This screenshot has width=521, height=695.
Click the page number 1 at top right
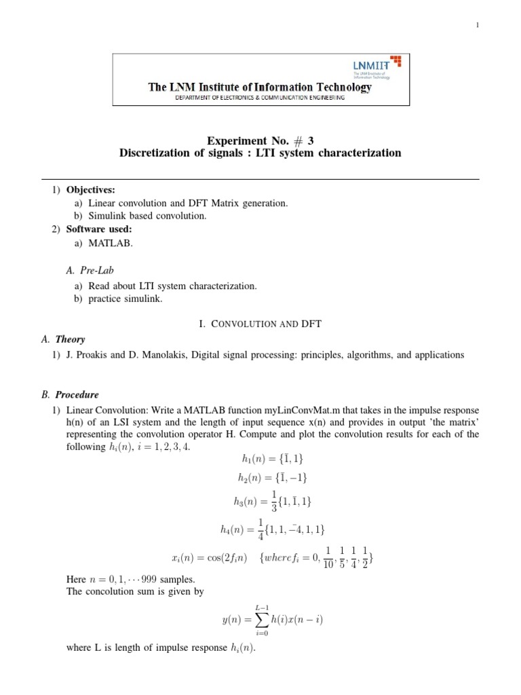coord(478,25)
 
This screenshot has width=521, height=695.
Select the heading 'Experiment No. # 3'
coord(260,140)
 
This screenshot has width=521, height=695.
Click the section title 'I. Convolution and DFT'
coord(260,324)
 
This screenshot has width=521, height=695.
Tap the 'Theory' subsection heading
coord(70,339)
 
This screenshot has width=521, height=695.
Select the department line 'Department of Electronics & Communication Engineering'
coord(260,98)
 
